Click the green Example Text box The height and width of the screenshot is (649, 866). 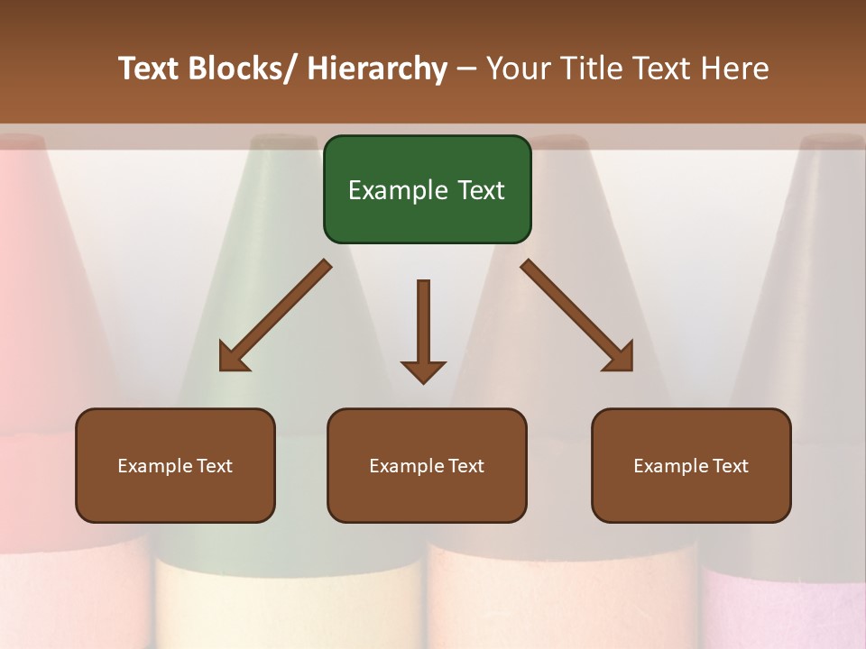pyautogui.click(x=427, y=189)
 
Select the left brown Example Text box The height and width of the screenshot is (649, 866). pyautogui.click(x=175, y=465)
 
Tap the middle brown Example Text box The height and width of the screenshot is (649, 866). pyautogui.click(x=427, y=465)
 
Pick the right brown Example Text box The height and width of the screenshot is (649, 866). pyautogui.click(x=691, y=465)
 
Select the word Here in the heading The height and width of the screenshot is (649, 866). pyautogui.click(x=734, y=69)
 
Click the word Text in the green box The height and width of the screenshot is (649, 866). pyautogui.click(x=480, y=190)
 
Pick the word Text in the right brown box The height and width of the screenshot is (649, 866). pyautogui.click(x=730, y=466)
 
